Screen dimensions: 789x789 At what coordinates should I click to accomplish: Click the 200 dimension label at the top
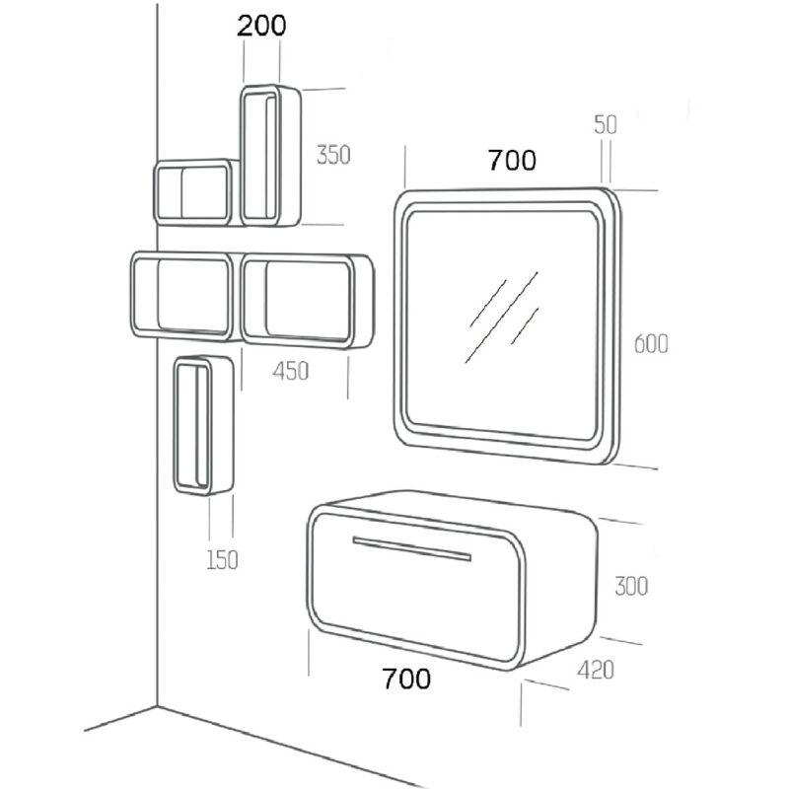261,26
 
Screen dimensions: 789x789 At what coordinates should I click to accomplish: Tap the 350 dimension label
333,155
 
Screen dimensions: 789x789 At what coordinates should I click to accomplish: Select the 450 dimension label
290,372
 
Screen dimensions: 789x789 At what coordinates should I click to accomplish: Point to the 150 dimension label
222,559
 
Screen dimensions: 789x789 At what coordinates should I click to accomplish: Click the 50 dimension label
606,125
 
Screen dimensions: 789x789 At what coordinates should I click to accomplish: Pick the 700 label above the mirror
512,161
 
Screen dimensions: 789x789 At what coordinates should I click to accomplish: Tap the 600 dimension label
651,344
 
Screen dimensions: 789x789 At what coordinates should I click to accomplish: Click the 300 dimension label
631,586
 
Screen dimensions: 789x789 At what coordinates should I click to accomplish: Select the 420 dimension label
596,671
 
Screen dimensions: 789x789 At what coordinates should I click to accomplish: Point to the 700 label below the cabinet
406,679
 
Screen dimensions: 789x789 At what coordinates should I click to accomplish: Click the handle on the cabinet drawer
412,548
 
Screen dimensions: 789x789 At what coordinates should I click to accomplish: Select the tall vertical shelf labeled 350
270,156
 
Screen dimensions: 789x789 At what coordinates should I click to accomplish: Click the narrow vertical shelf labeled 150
204,425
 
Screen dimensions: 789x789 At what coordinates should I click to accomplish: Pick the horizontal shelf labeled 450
308,302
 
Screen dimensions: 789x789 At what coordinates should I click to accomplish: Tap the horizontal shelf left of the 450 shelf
183,296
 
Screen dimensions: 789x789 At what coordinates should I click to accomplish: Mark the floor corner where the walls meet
158,707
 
